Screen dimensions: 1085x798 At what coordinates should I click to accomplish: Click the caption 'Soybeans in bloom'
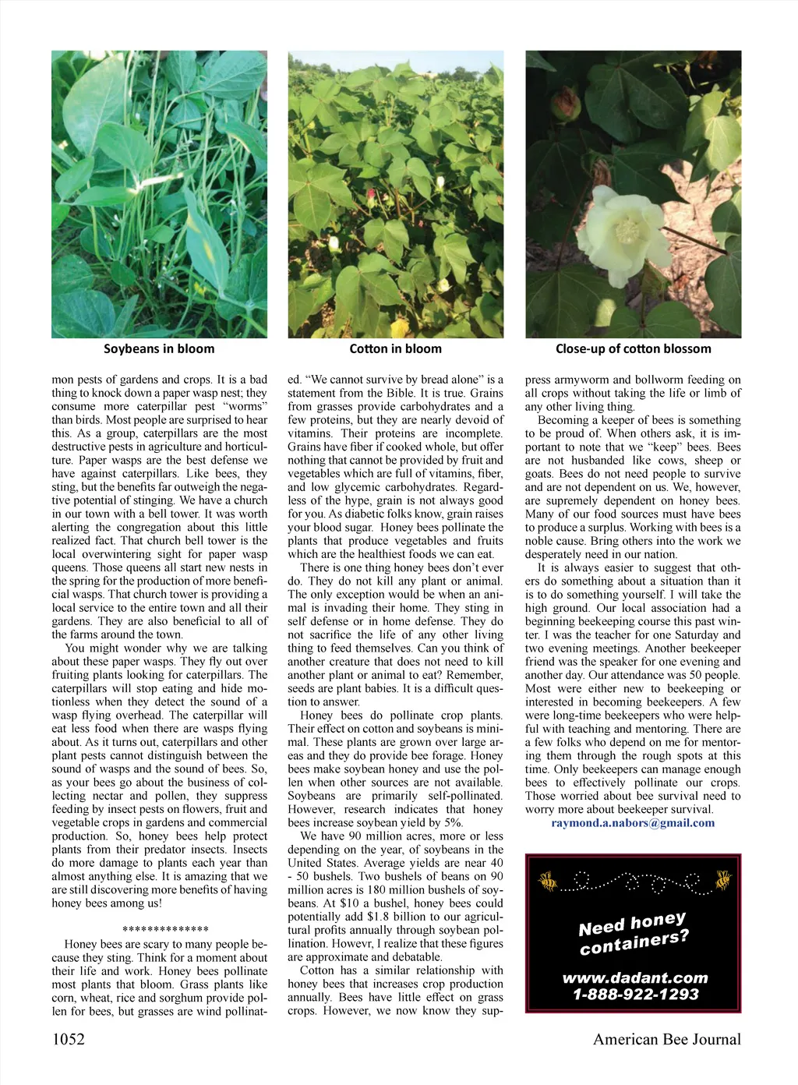(x=159, y=349)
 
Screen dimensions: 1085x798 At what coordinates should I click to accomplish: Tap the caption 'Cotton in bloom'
(x=395, y=349)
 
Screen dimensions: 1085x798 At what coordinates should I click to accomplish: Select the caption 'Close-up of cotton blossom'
(x=633, y=349)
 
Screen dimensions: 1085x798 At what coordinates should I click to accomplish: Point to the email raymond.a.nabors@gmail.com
(x=632, y=823)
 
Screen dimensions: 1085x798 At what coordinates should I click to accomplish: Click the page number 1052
(x=69, y=1039)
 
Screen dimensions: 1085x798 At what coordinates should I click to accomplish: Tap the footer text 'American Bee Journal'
(x=666, y=1039)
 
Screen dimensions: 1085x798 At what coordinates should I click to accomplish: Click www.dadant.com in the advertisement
(x=635, y=978)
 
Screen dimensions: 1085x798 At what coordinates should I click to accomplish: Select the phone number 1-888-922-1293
(x=635, y=995)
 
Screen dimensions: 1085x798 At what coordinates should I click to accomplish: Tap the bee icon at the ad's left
(x=549, y=882)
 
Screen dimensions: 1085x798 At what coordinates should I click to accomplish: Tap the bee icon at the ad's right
(x=723, y=880)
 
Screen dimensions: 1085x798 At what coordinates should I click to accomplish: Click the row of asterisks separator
(x=165, y=930)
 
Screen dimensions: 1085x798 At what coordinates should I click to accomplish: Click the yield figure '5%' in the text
(x=454, y=823)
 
